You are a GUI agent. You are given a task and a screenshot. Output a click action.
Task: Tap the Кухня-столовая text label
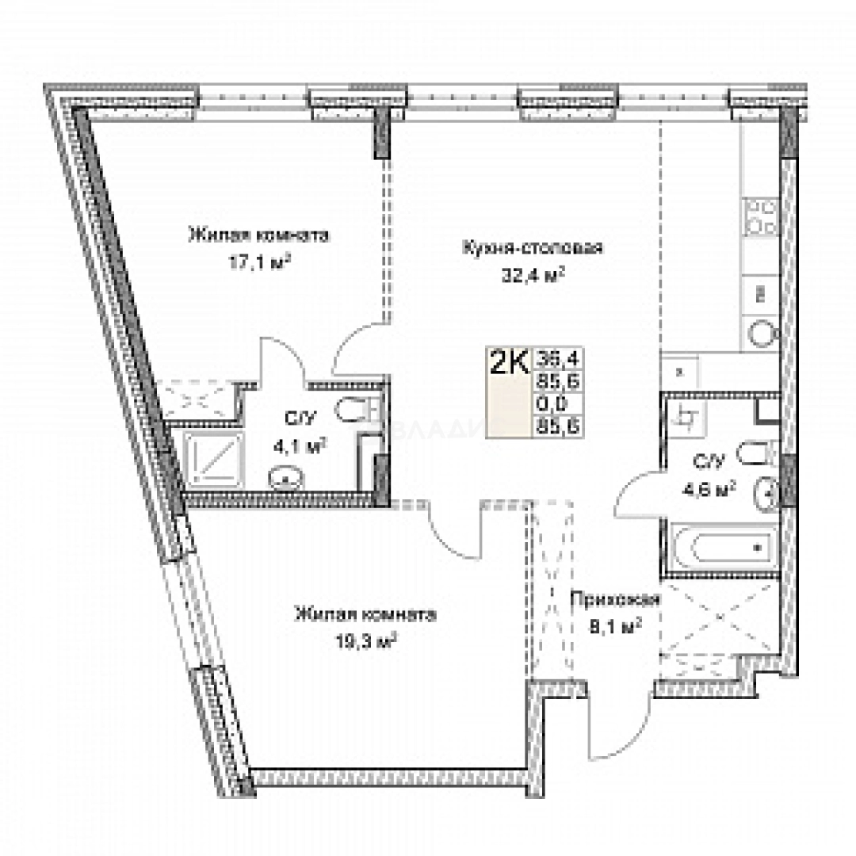pyautogui.click(x=533, y=248)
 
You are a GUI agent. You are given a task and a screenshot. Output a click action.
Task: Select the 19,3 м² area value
pyautogui.click(x=365, y=639)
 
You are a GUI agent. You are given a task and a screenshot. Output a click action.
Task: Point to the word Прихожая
pyautogui.click(x=615, y=600)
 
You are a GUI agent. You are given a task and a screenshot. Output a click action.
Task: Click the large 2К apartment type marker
pyautogui.click(x=510, y=364)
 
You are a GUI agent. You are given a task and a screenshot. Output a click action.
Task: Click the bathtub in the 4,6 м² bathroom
pyautogui.click(x=720, y=547)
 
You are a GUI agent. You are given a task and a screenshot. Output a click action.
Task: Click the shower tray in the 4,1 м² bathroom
pyautogui.click(x=210, y=461)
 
